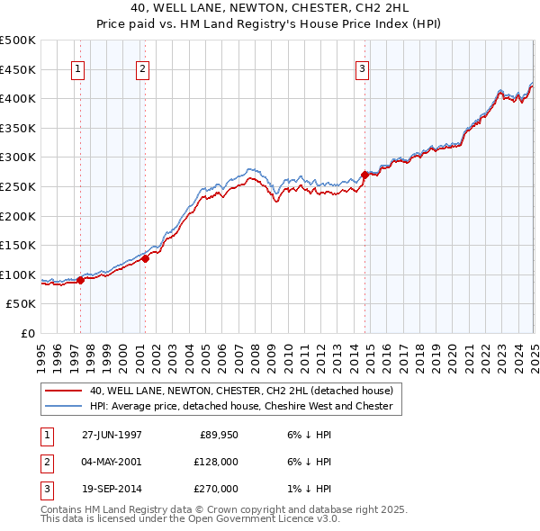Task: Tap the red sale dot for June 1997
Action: pos(81,280)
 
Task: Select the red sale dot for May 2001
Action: pos(145,258)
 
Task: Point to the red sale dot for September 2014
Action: pos(364,175)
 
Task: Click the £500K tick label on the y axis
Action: pos(18,40)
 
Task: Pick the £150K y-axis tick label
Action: pos(18,245)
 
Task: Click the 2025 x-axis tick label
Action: pos(534,352)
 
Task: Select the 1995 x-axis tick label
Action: pos(41,352)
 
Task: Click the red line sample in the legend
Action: pos(63,391)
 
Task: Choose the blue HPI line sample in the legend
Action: pos(63,407)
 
